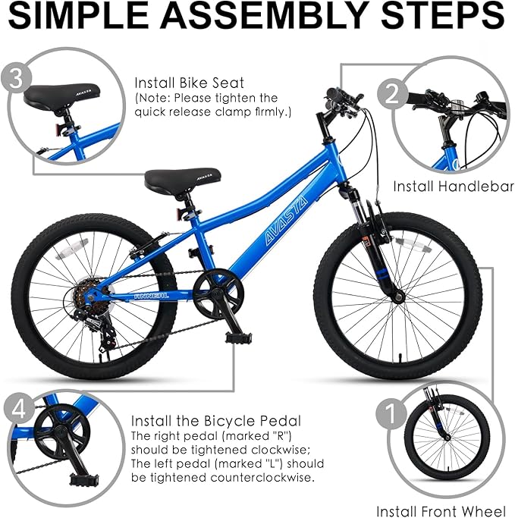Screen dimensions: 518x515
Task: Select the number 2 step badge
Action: coord(393,93)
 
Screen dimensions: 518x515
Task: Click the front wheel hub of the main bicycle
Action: coord(396,293)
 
